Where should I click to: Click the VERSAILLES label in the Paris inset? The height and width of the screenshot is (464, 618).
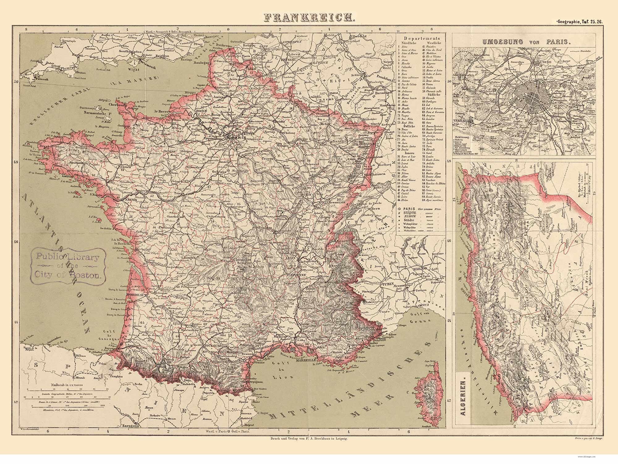(x=463, y=121)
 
